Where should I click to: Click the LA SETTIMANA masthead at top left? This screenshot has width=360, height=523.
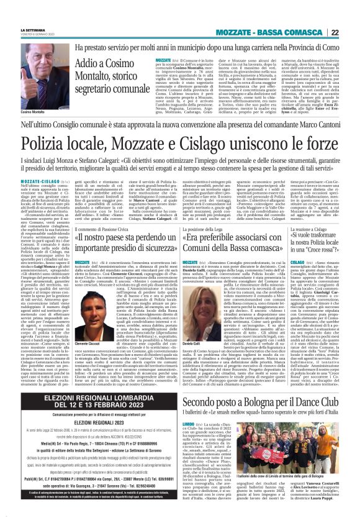tap(33, 30)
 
